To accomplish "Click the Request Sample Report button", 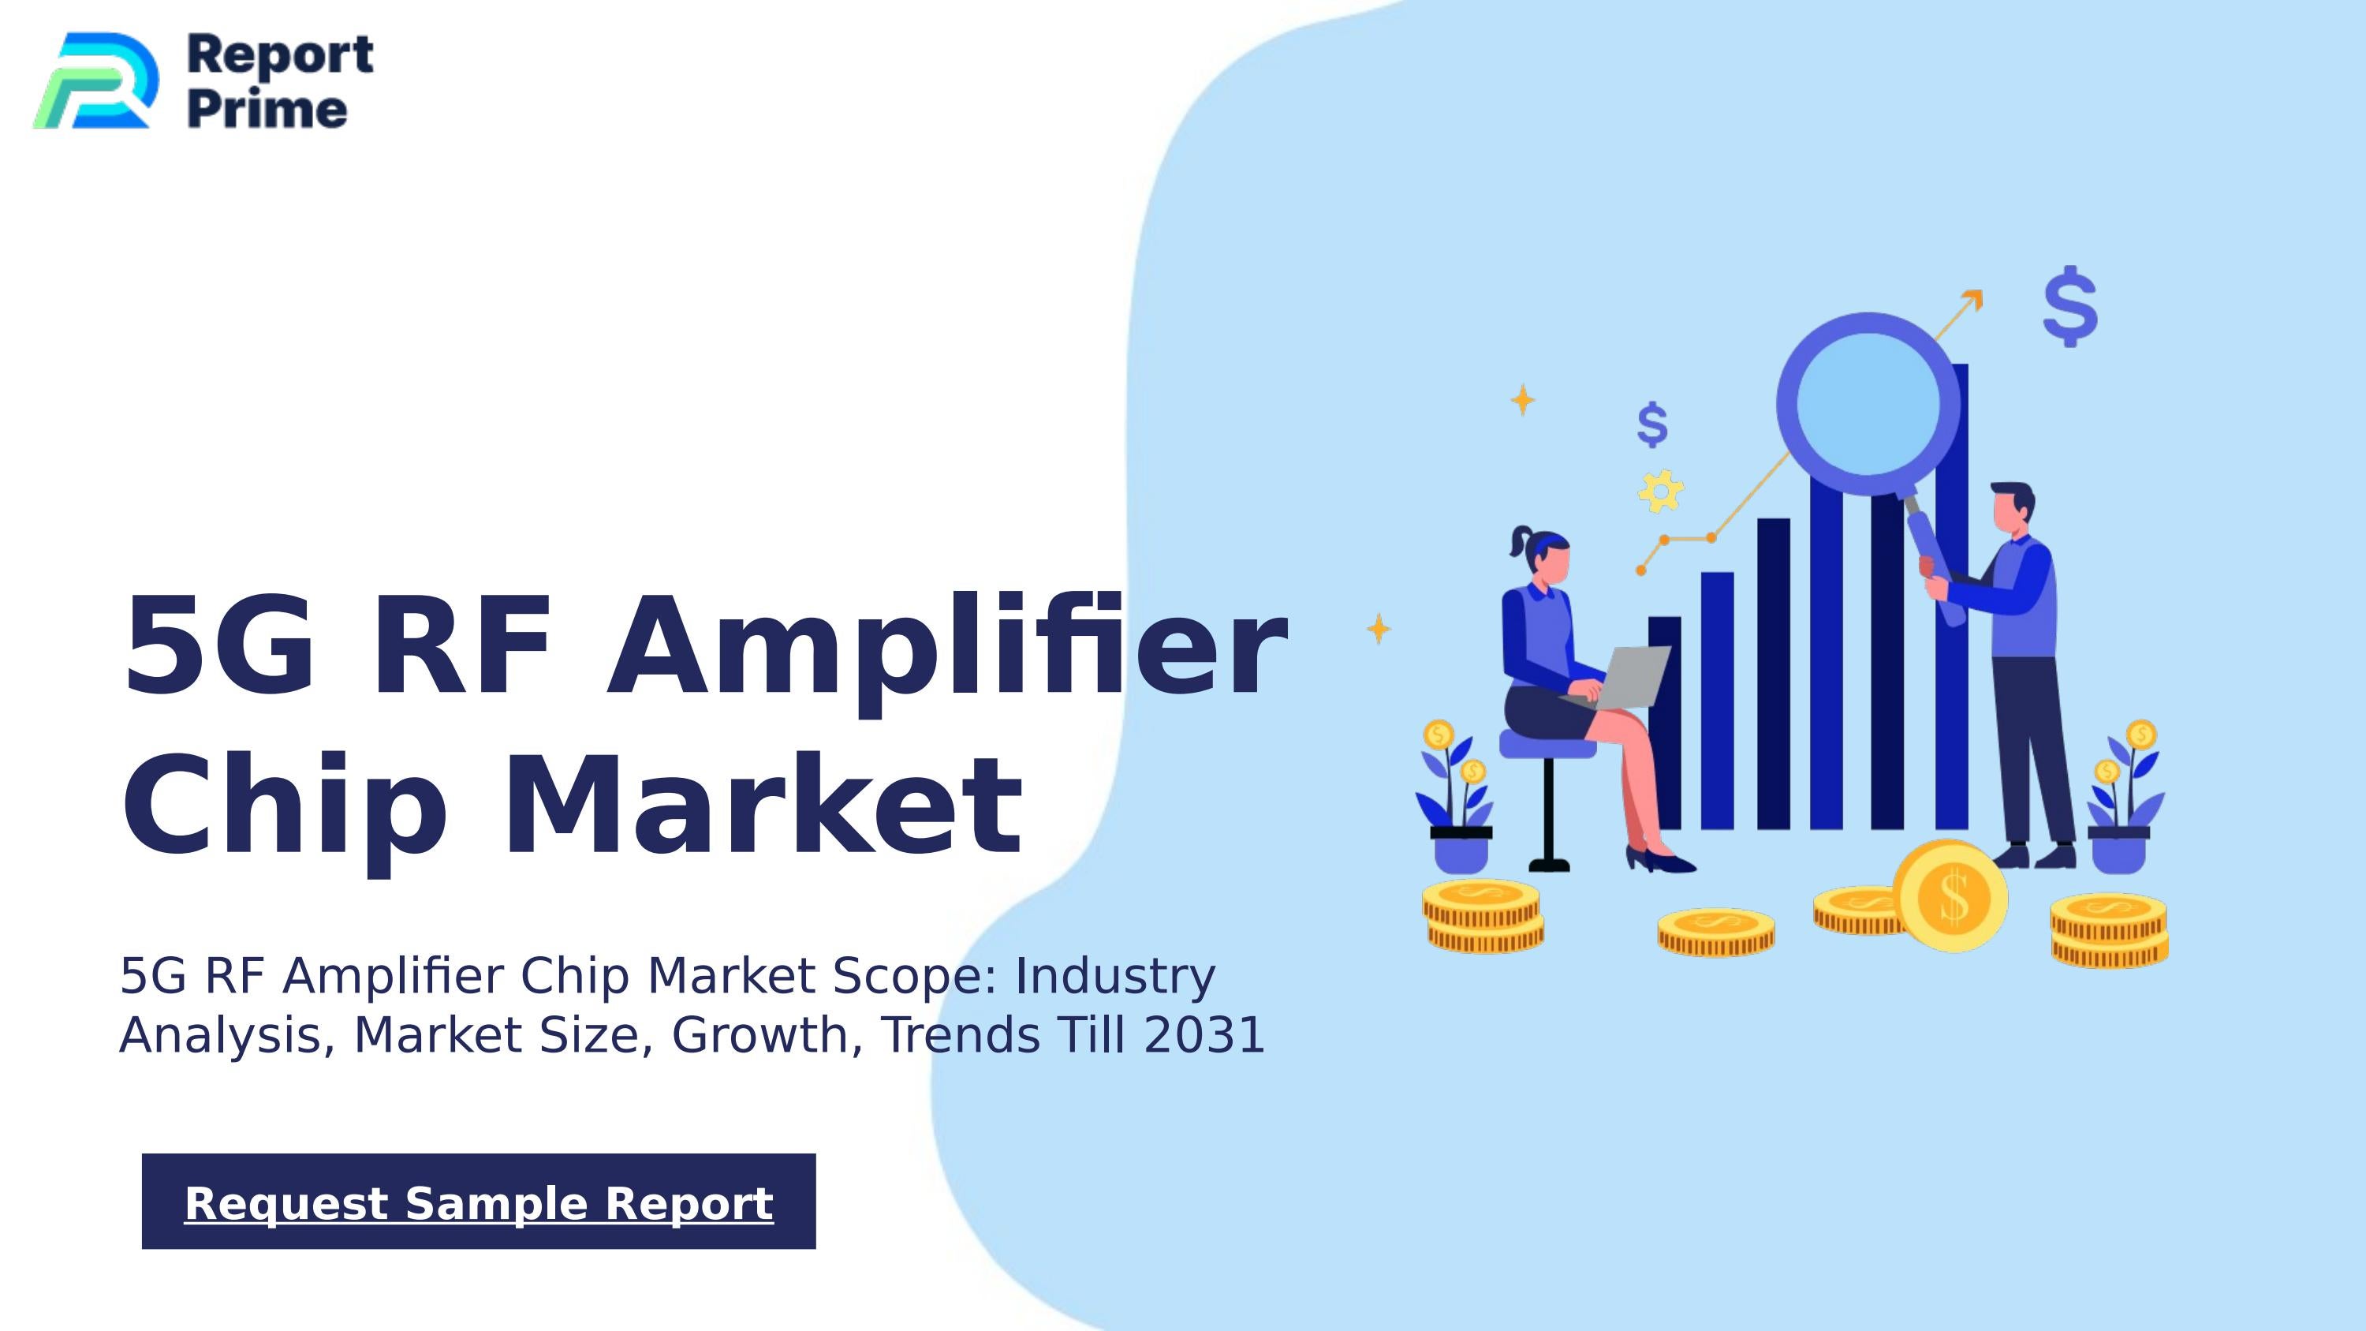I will point(479,1202).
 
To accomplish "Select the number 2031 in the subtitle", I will point(1204,1035).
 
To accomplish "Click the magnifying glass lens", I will point(1868,404).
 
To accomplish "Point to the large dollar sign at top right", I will point(2070,307).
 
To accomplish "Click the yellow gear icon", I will point(1661,491).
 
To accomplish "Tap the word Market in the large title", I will point(763,805).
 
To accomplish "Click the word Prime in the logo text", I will point(267,110).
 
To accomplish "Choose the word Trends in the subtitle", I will point(961,1035).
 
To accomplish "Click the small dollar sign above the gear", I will point(1652,424).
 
